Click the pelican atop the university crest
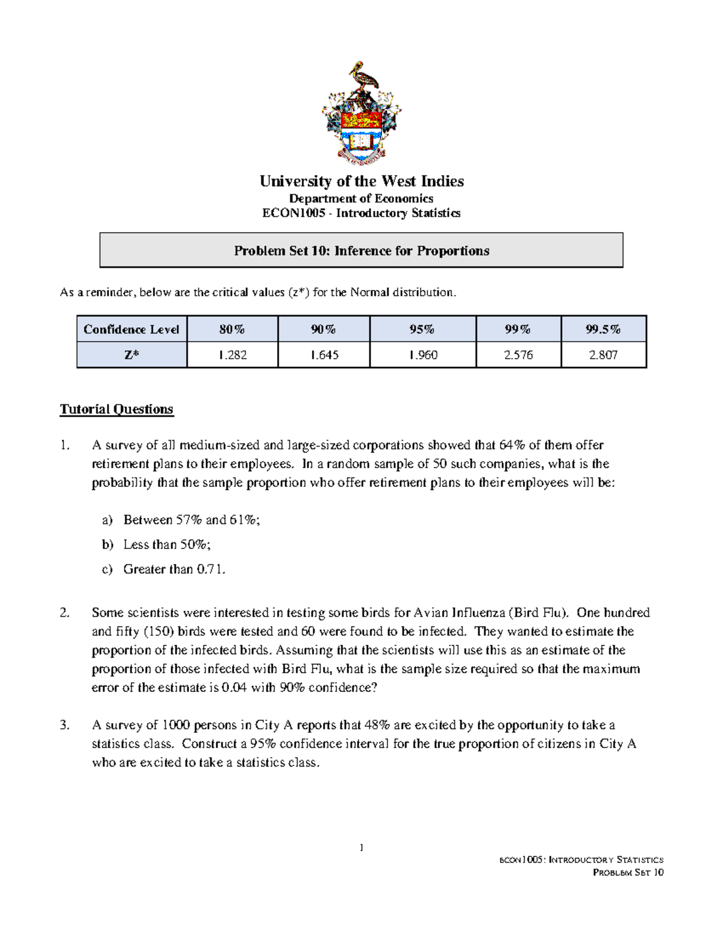pos(361,77)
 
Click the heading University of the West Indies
pos(361,181)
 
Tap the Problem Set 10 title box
pos(361,251)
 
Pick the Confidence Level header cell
pos(131,329)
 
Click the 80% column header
pos(232,329)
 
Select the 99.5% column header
pos(603,329)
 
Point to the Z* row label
pos(131,355)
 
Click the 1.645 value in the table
pos(324,355)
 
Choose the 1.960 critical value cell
pos(422,355)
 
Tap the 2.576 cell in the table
pos(518,355)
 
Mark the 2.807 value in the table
pos(603,355)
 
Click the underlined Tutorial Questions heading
pos(116,409)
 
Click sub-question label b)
pos(107,545)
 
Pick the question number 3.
pos(65,725)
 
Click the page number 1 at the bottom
pos(361,848)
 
